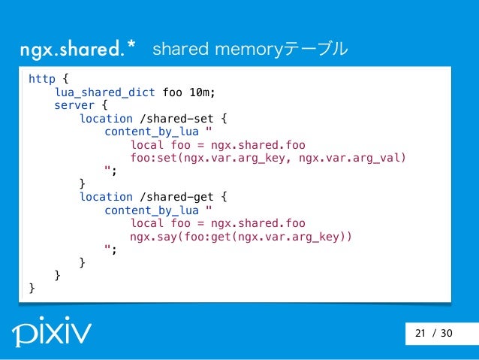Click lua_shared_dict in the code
coord(104,92)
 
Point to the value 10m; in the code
coord(202,92)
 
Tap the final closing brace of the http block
coord(32,289)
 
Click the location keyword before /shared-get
coord(106,198)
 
